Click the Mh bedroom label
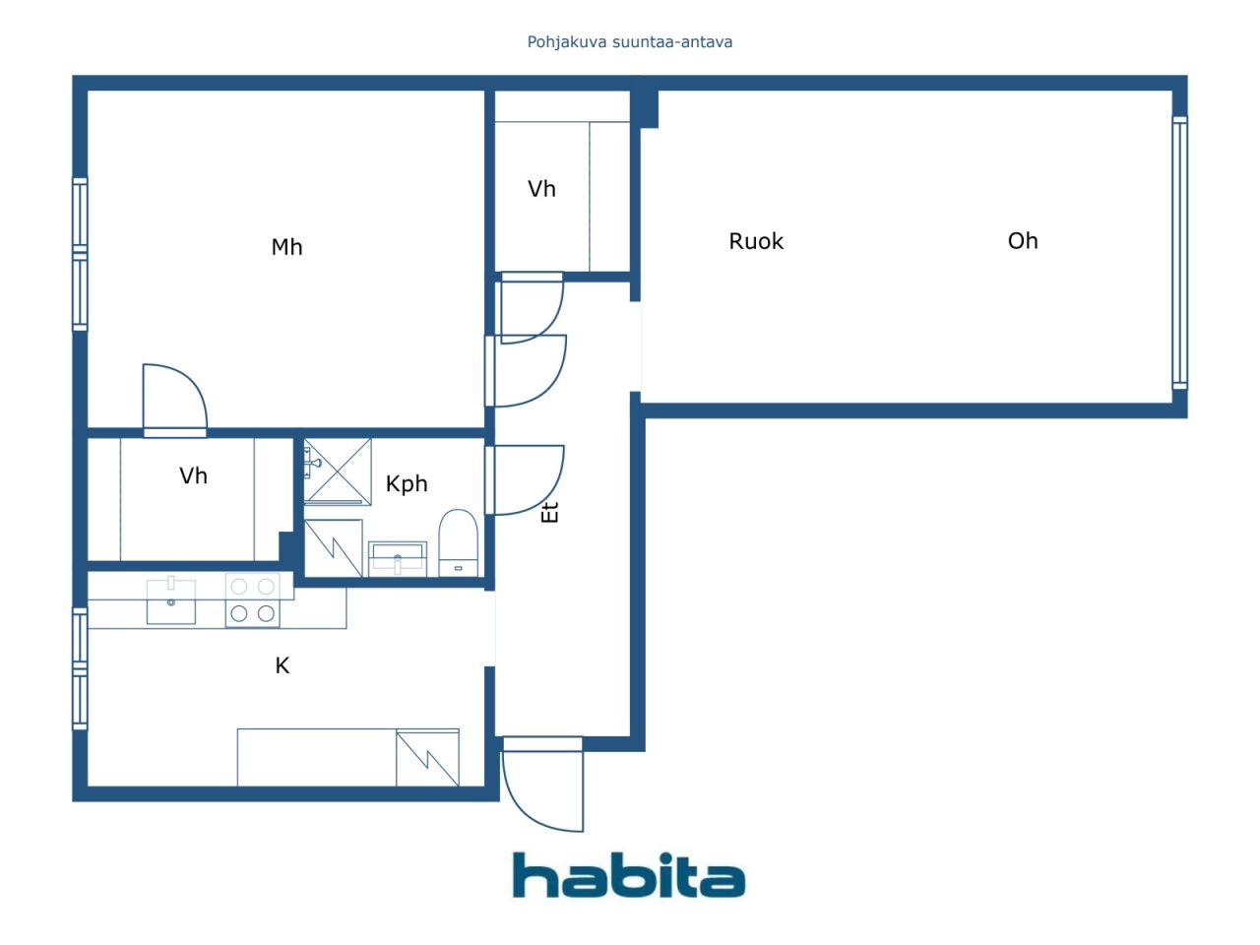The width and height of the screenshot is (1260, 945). (x=286, y=247)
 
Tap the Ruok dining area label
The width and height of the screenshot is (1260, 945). (x=755, y=241)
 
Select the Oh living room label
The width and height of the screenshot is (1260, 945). (x=1023, y=240)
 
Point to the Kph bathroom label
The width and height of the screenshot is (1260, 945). (x=407, y=483)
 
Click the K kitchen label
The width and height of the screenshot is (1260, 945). (x=282, y=665)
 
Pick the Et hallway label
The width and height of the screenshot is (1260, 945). (x=549, y=513)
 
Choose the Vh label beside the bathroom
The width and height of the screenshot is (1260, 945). (x=193, y=475)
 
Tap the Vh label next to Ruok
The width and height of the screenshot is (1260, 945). (x=541, y=189)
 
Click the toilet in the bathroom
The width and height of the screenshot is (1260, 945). (x=458, y=542)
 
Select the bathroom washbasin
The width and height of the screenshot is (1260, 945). (x=398, y=558)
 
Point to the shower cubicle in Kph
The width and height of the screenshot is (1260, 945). (x=338, y=471)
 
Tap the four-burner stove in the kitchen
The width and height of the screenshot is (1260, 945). (x=253, y=599)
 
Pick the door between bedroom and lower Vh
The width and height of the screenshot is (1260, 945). (x=174, y=400)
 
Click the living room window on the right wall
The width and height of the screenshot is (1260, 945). (x=1179, y=252)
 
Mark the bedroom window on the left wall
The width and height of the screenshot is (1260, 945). (x=80, y=254)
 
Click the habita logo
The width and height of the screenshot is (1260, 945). (x=629, y=875)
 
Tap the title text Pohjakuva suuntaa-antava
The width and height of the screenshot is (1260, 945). (x=630, y=42)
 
